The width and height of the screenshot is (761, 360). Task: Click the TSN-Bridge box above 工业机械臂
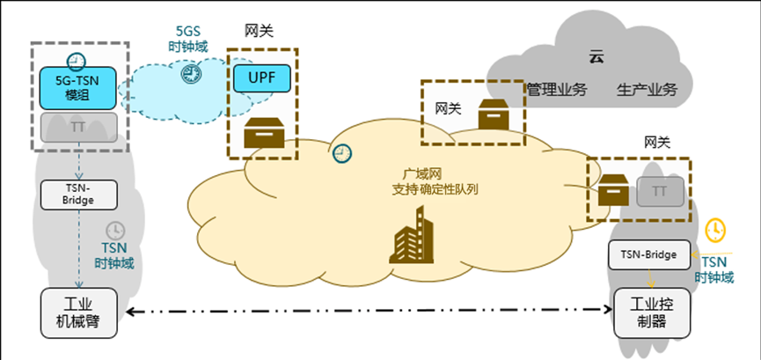78,194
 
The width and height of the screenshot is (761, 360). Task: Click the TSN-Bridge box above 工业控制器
648,254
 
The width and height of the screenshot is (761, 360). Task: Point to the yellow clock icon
716,230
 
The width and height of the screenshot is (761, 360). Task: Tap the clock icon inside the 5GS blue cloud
191,75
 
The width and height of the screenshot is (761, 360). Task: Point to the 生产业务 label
647,90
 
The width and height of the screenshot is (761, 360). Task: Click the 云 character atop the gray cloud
597,57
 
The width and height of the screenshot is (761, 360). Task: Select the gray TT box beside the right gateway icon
658,189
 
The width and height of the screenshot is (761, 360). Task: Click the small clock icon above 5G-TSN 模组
77,61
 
